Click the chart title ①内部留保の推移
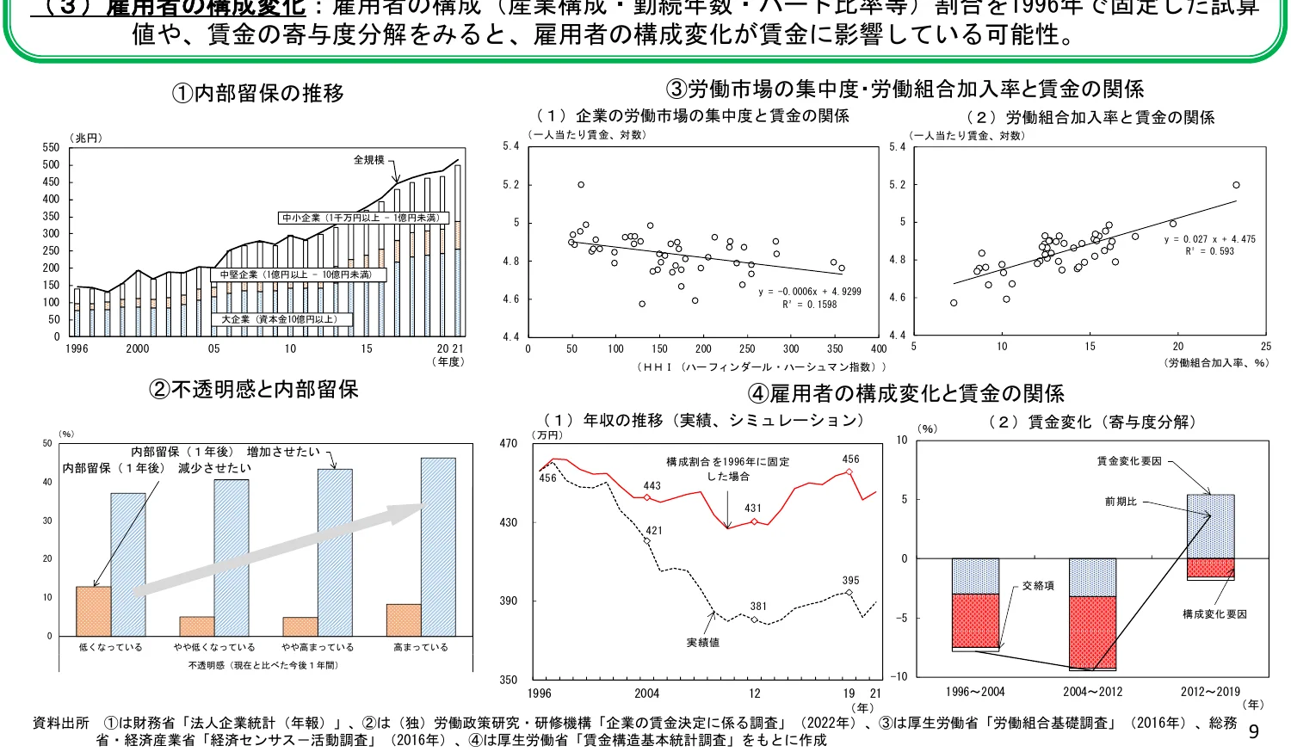(x=258, y=93)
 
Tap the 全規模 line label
(x=368, y=160)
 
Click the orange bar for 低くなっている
(x=94, y=611)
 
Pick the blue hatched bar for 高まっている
(x=438, y=546)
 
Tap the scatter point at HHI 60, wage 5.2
(x=581, y=185)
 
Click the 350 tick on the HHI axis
(x=835, y=349)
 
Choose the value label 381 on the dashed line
(x=758, y=607)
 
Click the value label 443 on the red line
(x=652, y=486)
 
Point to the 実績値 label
(x=702, y=643)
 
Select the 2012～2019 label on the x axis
(x=1210, y=692)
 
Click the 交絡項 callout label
(x=1038, y=586)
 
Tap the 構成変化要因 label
(x=1214, y=614)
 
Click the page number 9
(x=1253, y=731)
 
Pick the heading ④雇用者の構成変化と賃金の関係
(x=905, y=394)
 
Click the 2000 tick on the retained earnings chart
(x=138, y=349)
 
